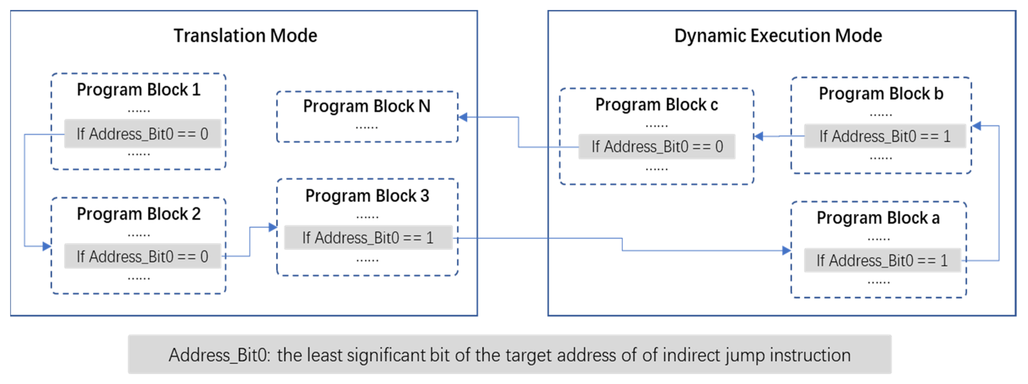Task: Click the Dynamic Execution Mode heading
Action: [x=778, y=36]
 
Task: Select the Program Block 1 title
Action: [x=138, y=90]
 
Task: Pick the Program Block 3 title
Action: [x=367, y=196]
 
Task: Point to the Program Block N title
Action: [x=367, y=106]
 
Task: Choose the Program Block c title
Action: [x=657, y=105]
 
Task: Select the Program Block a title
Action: [x=878, y=218]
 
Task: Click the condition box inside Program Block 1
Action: [x=142, y=134]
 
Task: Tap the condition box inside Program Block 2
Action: [x=142, y=256]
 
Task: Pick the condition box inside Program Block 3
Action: [x=368, y=238]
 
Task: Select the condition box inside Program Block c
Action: [x=657, y=146]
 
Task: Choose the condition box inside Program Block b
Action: [x=885, y=136]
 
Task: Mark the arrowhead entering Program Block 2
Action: [x=47, y=246]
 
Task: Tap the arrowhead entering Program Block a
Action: [x=787, y=251]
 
